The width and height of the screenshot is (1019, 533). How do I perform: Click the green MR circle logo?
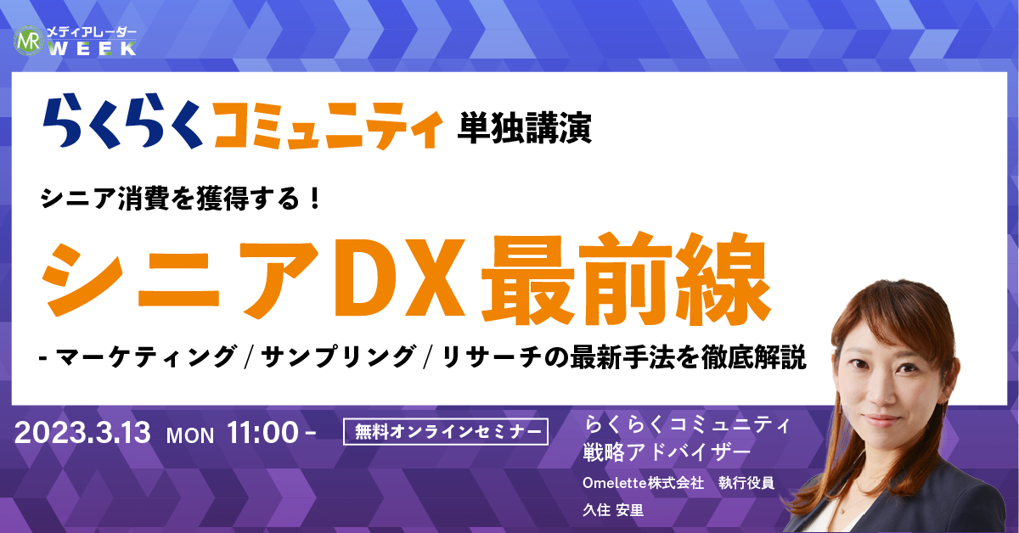[28, 41]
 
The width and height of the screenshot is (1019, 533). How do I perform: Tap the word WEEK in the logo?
[92, 48]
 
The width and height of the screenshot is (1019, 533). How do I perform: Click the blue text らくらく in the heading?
[123, 121]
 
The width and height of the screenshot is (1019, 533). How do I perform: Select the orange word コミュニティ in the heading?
[328, 126]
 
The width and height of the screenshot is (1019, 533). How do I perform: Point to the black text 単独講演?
[525, 128]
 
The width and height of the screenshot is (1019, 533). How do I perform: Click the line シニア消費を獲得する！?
[182, 199]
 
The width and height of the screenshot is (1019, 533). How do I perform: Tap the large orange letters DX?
[399, 278]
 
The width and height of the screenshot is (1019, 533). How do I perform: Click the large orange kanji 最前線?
[627, 278]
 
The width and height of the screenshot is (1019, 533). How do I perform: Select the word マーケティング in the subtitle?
[146, 356]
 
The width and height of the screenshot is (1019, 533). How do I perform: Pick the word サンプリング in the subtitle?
[339, 356]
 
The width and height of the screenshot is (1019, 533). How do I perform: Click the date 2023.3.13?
[82, 432]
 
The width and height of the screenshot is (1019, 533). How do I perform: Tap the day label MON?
[190, 435]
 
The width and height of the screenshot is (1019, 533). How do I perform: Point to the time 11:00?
[262, 432]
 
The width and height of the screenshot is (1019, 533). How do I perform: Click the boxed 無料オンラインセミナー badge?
[445, 431]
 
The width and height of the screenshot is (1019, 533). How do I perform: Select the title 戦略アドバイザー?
[667, 452]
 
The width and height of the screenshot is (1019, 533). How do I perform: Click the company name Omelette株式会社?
[644, 483]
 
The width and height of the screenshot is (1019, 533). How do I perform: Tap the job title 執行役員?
[746, 483]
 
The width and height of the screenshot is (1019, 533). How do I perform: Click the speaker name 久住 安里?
[613, 510]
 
